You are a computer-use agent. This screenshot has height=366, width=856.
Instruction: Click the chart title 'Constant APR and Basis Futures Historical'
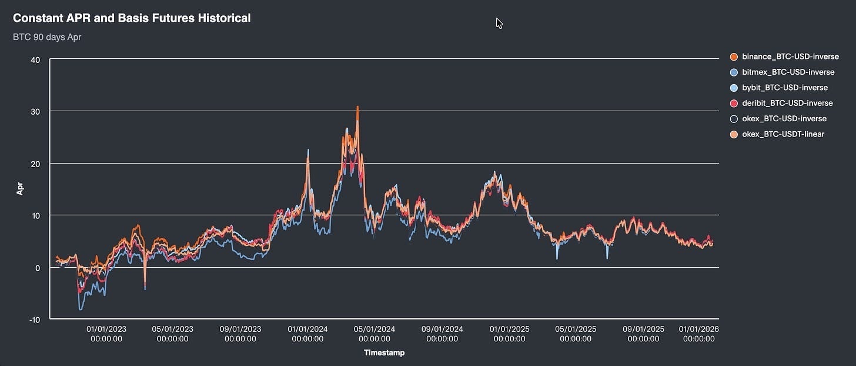click(132, 18)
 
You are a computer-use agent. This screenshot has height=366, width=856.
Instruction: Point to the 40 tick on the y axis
click(35, 59)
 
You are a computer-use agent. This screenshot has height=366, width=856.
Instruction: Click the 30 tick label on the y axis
click(35, 111)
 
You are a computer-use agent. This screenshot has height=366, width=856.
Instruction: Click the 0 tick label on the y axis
click(38, 268)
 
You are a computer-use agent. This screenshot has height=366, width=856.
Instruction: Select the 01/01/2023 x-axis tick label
click(106, 334)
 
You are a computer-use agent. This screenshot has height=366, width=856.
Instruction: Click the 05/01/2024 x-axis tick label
click(374, 334)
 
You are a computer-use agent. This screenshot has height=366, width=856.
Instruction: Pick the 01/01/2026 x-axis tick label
click(698, 334)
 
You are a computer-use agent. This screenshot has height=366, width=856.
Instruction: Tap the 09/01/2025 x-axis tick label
click(643, 334)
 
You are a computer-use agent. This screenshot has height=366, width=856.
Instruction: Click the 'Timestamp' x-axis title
click(384, 353)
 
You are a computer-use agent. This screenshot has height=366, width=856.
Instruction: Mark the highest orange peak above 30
click(357, 108)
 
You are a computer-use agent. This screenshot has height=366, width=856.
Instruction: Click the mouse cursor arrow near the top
click(499, 22)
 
